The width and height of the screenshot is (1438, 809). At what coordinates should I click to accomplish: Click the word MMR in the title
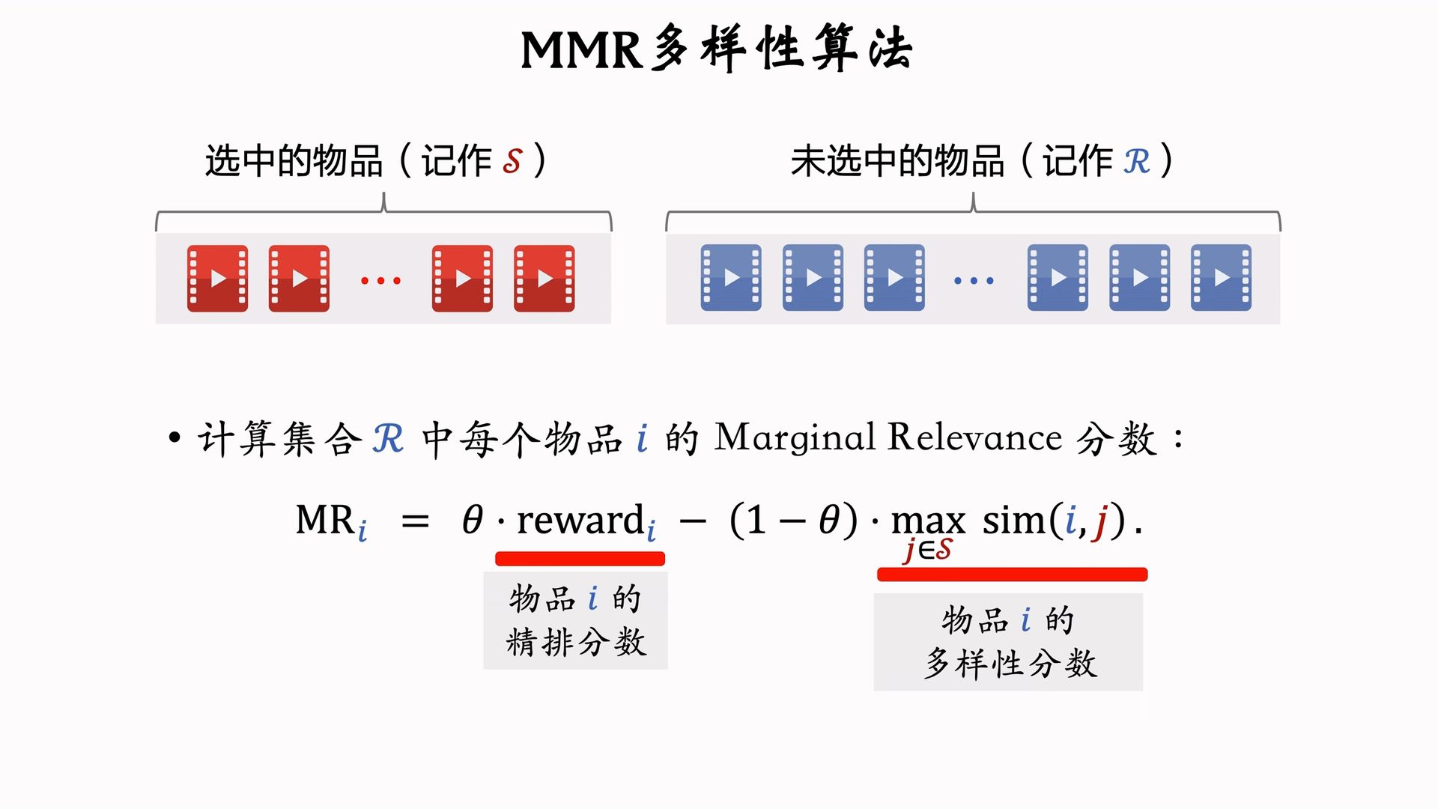[581, 51]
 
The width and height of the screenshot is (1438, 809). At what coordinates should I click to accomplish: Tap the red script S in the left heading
[512, 161]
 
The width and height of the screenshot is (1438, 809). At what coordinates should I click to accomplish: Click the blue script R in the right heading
[1136, 161]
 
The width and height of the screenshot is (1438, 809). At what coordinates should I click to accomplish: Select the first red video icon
[217, 279]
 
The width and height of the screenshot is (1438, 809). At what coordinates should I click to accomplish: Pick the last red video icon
[544, 279]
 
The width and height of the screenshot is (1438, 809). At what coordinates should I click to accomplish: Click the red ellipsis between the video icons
[380, 281]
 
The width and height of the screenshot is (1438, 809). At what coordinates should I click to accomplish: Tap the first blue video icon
[731, 278]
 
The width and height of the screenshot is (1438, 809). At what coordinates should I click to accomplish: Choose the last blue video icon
[1221, 278]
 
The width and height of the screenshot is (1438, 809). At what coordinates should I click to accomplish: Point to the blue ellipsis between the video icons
[974, 281]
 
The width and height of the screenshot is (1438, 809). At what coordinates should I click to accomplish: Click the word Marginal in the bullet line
[795, 438]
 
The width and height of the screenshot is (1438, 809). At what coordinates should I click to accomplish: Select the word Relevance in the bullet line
[974, 437]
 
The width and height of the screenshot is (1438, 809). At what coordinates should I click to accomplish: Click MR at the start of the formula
[326, 520]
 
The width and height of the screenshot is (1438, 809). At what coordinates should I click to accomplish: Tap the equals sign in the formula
[415, 521]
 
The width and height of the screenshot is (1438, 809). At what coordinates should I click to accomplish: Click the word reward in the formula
[580, 520]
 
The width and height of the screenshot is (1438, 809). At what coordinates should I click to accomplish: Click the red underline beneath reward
[580, 559]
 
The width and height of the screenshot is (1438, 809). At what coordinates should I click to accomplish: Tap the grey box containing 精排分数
[575, 620]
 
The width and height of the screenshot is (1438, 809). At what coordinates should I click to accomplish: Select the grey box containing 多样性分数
[1008, 642]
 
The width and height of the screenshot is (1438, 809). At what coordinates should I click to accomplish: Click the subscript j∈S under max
[928, 550]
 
